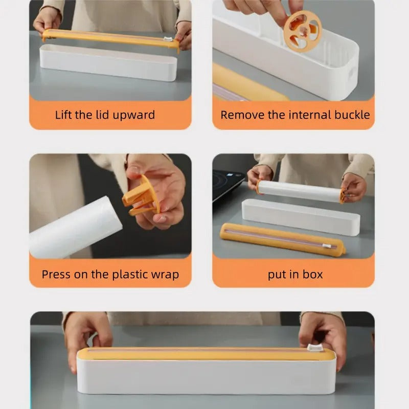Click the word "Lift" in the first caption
point(63,115)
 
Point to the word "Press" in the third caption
point(56,275)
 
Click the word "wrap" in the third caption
point(164,275)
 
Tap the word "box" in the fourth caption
point(312,275)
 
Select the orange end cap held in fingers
point(141,197)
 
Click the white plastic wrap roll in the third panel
point(74,228)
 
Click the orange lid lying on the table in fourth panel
point(281,239)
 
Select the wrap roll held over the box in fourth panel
point(299,191)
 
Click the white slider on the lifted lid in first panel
point(166,40)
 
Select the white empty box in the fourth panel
point(301,216)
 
